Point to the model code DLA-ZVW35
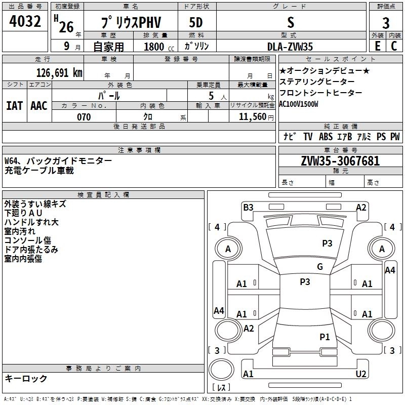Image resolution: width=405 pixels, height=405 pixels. coord(290,47)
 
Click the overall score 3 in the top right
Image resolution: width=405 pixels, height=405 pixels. coord(386,24)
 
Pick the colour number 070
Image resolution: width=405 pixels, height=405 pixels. coord(84,117)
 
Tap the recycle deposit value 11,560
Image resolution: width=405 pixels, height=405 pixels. coord(252,117)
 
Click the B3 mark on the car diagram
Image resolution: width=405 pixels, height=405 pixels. coord(248,207)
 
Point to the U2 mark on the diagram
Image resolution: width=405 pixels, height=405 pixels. coord(361,374)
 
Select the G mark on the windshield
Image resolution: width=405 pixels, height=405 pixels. coord(320,267)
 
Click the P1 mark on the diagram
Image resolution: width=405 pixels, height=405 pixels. coord(325,337)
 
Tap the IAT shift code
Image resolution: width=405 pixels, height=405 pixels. coord(15,106)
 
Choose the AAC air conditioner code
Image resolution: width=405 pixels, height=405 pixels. coord(38,106)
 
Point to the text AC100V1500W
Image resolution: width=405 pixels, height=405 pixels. coord(299,104)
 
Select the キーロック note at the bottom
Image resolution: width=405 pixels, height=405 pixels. coord(26,379)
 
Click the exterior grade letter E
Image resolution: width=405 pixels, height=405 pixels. coord(377,47)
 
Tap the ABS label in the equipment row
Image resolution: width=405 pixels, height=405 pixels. coord(326,137)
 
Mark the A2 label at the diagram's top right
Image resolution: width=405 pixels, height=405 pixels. coord(361,207)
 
